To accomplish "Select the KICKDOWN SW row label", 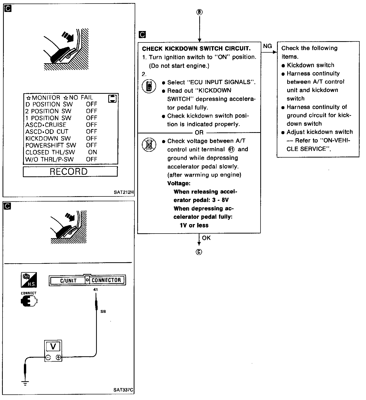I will (48, 139).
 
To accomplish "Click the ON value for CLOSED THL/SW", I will (93, 152).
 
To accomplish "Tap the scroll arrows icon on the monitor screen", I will (112, 98).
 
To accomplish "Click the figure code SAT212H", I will (124, 192).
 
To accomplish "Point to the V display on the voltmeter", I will (53, 346).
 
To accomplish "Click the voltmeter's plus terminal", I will (58, 358).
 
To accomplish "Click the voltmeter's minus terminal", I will (48, 358).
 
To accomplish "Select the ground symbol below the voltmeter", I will (25, 383).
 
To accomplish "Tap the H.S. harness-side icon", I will (29, 280).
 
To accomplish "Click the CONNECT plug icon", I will (29, 301).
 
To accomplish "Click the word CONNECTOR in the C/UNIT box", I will (106, 280).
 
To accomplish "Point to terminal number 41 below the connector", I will (96, 289).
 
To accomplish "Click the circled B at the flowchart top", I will (200, 12).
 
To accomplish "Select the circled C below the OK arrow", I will (199, 252).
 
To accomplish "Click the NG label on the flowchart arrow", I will (267, 46).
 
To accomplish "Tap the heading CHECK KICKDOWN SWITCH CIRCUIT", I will (196, 49).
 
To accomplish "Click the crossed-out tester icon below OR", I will (149, 145).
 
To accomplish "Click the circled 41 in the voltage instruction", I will (231, 149).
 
